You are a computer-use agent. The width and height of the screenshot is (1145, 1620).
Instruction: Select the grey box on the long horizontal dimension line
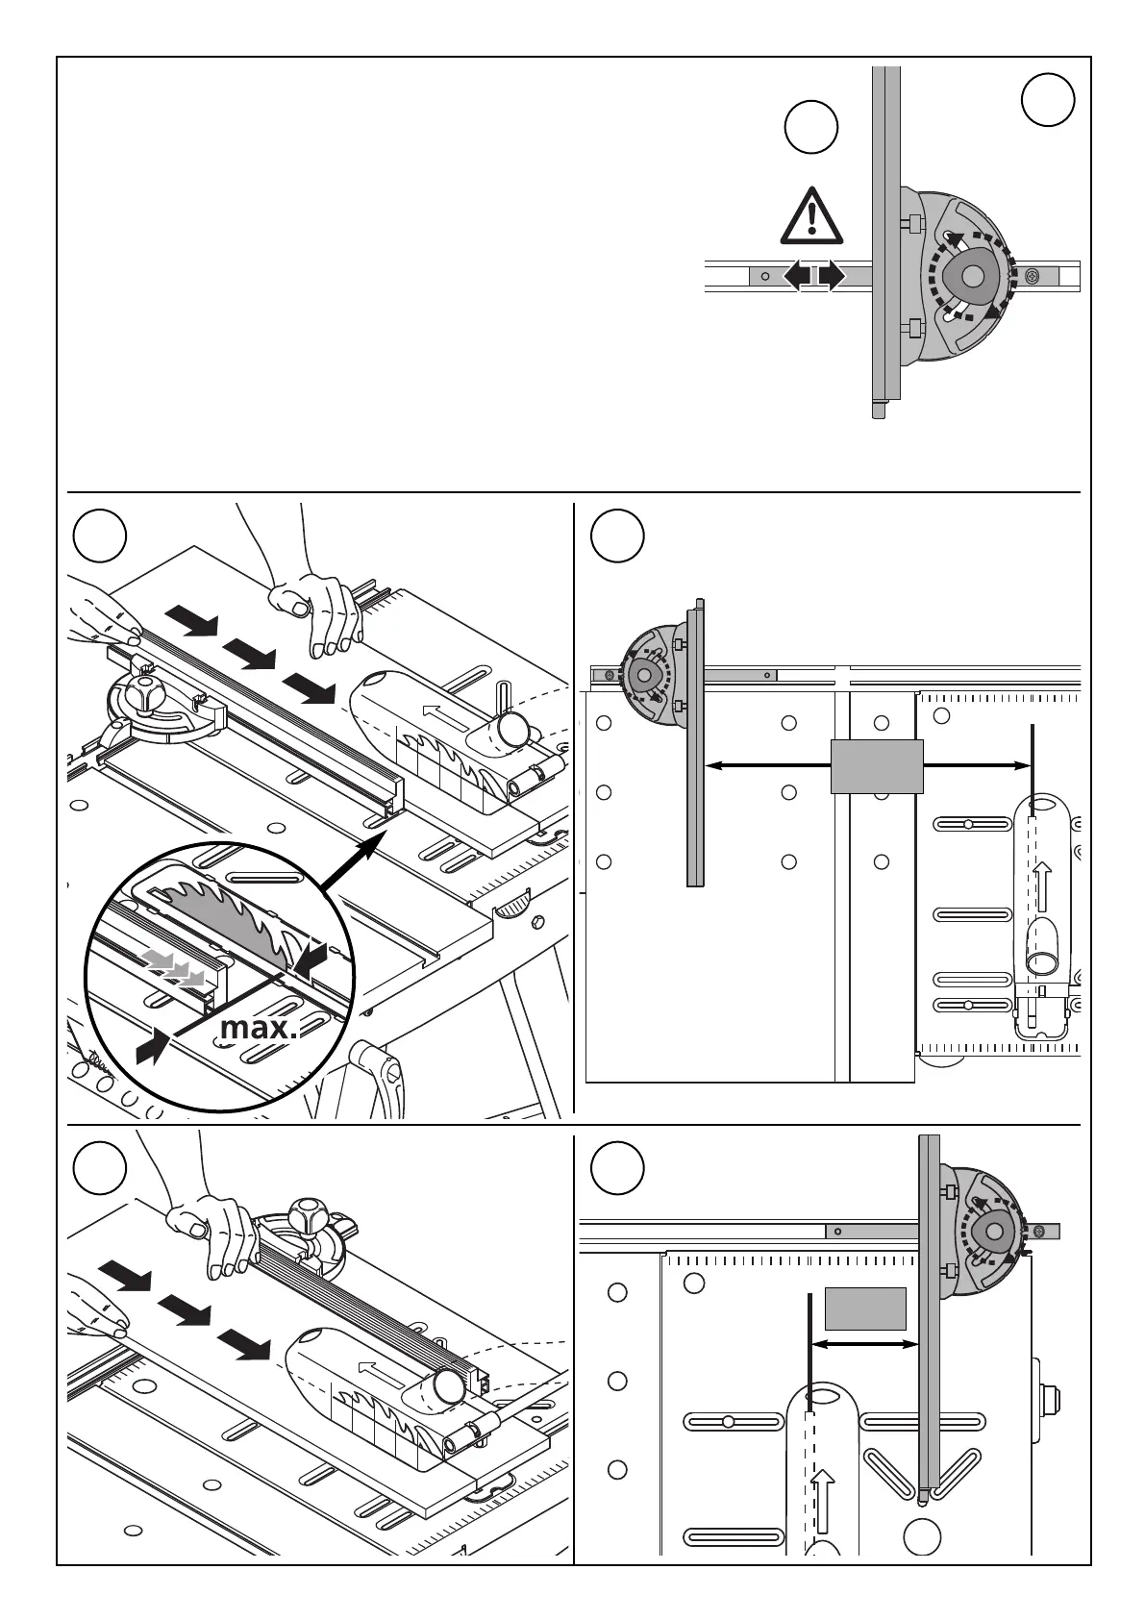[x=877, y=766]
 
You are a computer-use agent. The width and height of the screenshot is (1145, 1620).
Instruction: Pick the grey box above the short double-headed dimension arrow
[x=865, y=1308]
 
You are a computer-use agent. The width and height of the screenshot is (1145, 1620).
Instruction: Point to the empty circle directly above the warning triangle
[x=810, y=128]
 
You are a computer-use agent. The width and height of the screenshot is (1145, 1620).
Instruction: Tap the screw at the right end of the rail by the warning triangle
[x=1033, y=277]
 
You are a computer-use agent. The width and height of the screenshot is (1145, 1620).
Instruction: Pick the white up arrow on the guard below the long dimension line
[x=1042, y=885]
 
